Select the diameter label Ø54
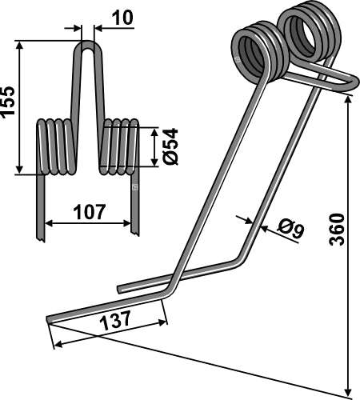coord(168,146)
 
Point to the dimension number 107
coord(88,212)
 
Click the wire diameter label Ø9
coord(290,231)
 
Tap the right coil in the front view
coord(118,146)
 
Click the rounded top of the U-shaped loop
coord(88,46)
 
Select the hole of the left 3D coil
coord(255,56)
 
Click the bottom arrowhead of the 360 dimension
coord(350,390)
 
